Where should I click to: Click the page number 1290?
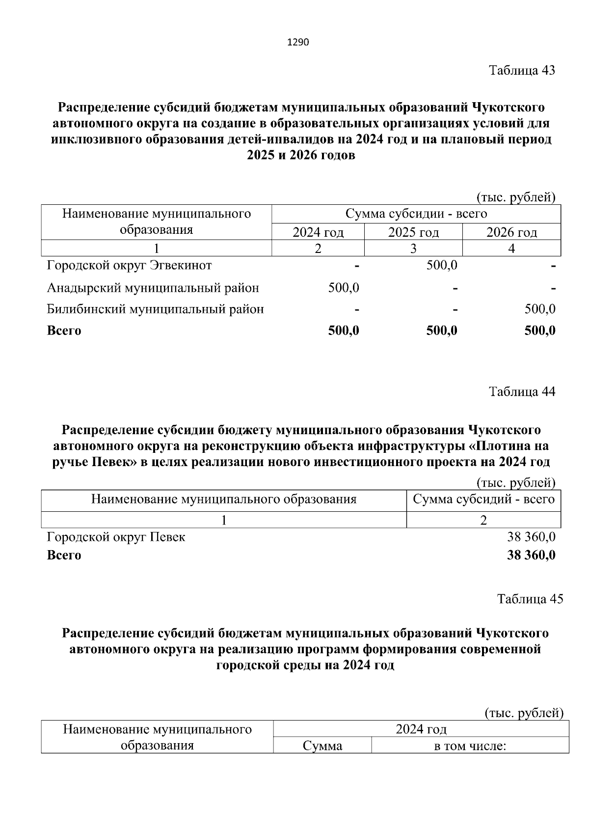[x=297, y=43]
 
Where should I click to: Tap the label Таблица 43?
[x=522, y=70]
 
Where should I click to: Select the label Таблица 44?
[x=522, y=391]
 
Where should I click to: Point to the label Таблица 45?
[x=530, y=599]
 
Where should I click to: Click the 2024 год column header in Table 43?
[x=318, y=232]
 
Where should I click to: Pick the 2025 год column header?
[x=413, y=232]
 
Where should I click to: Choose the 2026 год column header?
[x=511, y=232]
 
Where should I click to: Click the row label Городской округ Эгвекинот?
[x=129, y=266]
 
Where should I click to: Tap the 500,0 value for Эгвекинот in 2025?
[x=442, y=266]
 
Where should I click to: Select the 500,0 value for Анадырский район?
[x=344, y=288]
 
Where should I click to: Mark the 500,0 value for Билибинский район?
[x=540, y=309]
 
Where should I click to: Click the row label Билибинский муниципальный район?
[x=155, y=309]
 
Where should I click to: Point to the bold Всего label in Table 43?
[x=64, y=331]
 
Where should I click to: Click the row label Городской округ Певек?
[x=116, y=537]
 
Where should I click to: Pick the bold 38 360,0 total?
[x=531, y=556]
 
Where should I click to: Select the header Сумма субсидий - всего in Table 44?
[x=483, y=500]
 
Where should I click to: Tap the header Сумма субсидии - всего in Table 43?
[x=416, y=214]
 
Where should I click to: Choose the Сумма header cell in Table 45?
[x=322, y=747]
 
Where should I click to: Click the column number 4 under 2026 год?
[x=511, y=249]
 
